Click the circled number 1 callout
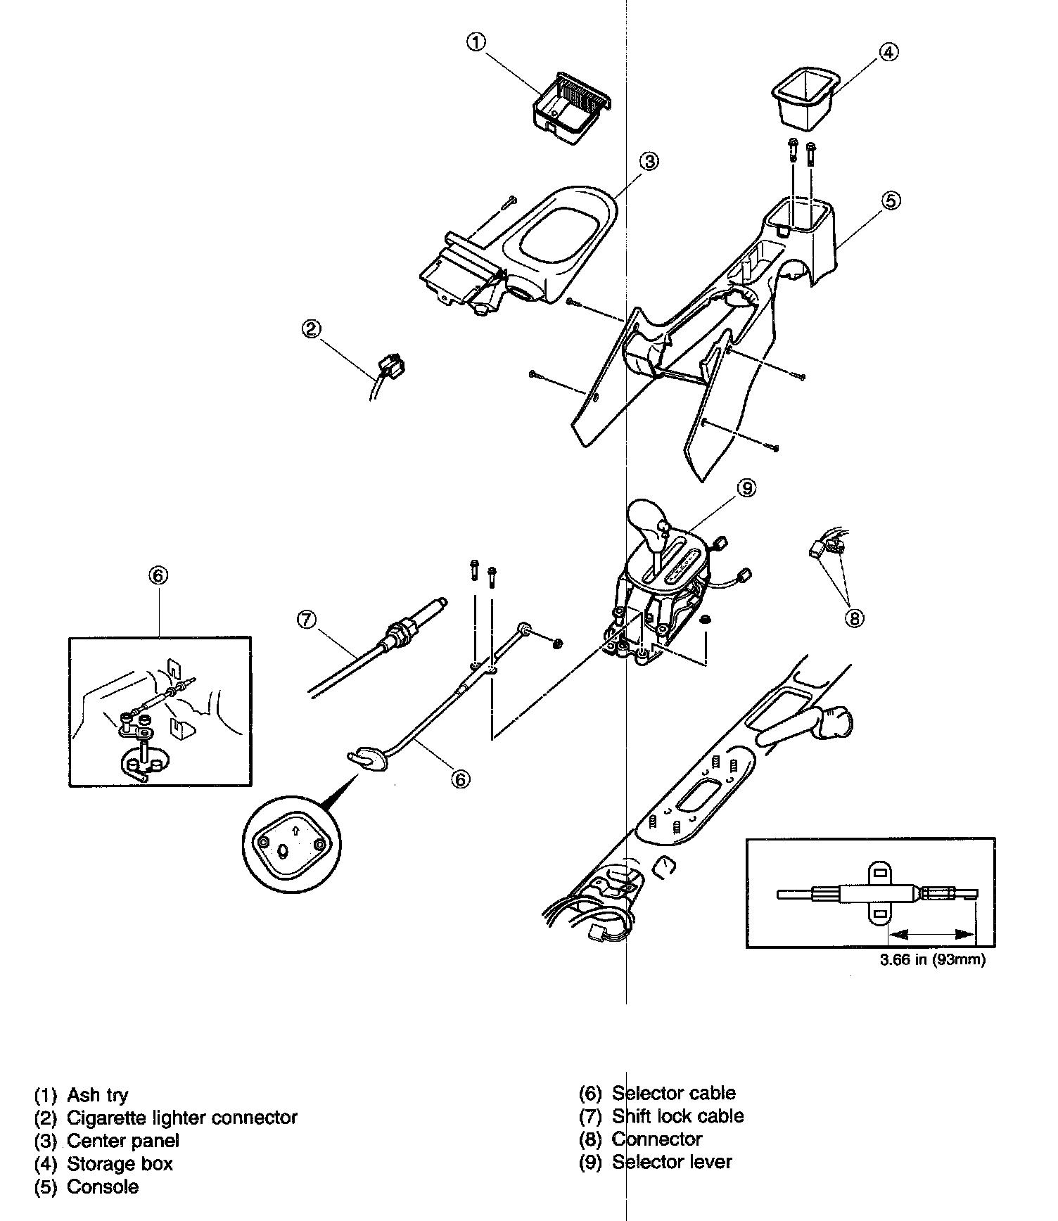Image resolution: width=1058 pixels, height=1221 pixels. click(476, 42)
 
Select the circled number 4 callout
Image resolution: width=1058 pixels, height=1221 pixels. click(888, 52)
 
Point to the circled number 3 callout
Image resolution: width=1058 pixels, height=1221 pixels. click(649, 162)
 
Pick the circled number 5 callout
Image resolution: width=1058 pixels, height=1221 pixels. click(891, 200)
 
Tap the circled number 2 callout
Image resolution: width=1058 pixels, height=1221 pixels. click(312, 328)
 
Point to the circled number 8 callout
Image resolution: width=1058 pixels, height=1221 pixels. click(854, 618)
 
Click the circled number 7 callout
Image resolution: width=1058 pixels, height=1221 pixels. click(307, 619)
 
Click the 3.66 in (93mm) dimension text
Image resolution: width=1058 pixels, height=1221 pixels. click(932, 960)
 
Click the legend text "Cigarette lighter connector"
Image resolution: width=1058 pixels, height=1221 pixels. click(181, 1118)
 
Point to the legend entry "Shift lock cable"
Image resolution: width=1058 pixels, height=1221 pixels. click(677, 1116)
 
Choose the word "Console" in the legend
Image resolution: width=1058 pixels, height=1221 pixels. click(103, 1187)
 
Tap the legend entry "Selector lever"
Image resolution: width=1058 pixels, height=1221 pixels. click(671, 1162)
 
